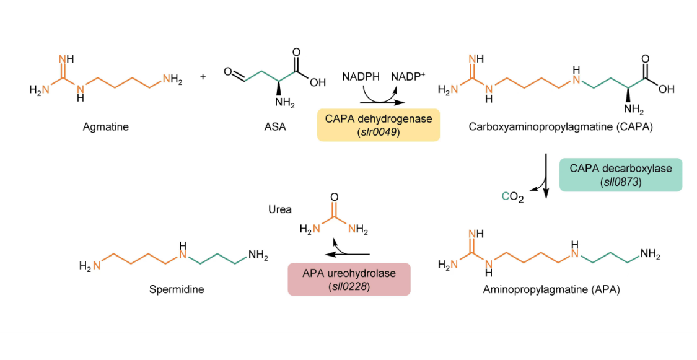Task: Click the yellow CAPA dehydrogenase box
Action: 379,125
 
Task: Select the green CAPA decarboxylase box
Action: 620,175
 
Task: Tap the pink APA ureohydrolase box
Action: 349,279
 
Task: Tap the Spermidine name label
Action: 177,289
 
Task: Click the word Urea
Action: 280,209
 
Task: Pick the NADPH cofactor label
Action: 361,77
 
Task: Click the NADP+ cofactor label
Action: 408,77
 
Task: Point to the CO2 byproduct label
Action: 513,198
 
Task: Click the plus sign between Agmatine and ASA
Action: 203,77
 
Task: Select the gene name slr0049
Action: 379,132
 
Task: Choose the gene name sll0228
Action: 349,287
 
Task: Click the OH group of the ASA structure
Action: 318,82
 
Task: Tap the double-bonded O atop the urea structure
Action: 335,197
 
